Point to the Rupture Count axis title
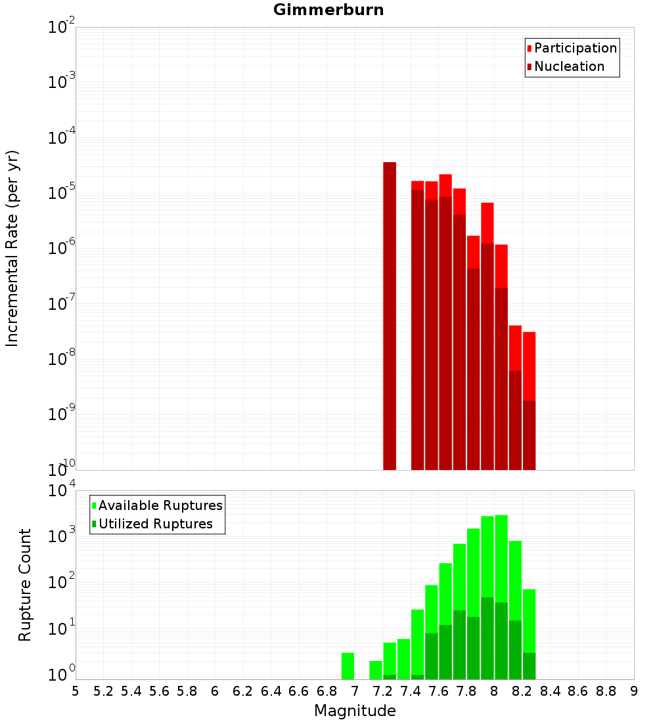coord(25,584)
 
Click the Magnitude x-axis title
coord(355,711)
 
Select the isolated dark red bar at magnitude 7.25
coord(390,315)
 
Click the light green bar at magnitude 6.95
coord(348,666)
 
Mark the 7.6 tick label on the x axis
coord(438,691)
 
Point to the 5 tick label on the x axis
coord(76,691)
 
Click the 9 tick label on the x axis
coord(634,691)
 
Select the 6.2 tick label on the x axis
coord(243,691)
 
